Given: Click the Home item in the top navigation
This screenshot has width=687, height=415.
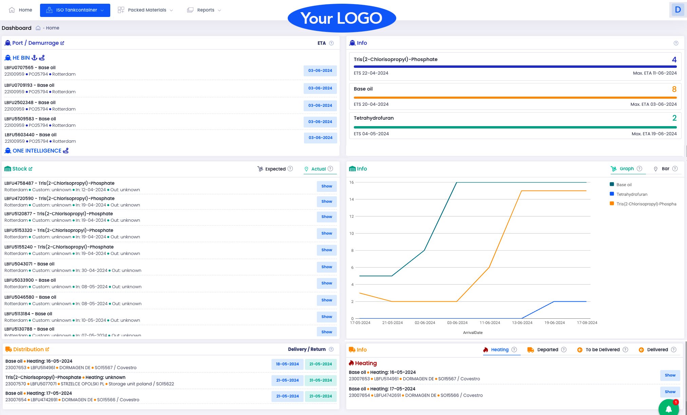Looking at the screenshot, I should (21, 10).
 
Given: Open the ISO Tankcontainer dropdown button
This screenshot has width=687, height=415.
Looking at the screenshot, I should (75, 10).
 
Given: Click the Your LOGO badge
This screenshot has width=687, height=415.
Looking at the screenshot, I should (342, 18).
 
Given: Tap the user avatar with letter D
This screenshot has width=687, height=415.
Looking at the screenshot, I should (678, 9).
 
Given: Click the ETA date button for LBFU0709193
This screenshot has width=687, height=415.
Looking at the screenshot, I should (320, 88).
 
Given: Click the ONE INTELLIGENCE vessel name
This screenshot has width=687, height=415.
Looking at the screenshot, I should (37, 151).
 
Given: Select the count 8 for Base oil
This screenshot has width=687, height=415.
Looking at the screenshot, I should (674, 89).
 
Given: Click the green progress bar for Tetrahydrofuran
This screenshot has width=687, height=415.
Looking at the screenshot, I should (515, 127).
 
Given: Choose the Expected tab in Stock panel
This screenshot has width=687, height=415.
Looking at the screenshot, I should (275, 169).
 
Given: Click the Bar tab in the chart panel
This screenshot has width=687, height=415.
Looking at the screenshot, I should (665, 169).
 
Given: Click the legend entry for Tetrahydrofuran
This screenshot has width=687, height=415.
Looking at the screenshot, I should (631, 194).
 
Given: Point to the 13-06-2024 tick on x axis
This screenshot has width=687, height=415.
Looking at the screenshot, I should (522, 323).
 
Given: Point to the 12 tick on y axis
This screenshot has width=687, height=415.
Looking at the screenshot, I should (351, 216).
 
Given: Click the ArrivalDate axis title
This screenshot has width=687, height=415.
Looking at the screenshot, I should (473, 333).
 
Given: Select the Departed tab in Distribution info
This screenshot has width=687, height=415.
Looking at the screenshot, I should (547, 350).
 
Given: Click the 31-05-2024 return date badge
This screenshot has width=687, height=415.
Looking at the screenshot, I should (320, 380).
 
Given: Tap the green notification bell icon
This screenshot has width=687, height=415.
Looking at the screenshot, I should (668, 409).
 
